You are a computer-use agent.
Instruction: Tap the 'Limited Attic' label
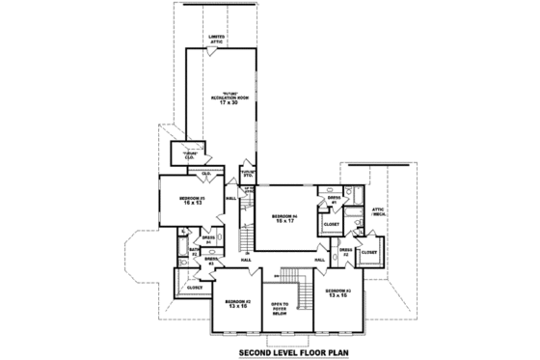218,40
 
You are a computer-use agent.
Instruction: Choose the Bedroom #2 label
238,302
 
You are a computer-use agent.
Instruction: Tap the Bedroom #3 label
338,291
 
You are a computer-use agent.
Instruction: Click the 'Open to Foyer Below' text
283,308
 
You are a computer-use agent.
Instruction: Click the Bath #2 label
195,253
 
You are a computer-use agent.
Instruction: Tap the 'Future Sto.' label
247,175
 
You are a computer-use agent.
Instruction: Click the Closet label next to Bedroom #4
331,224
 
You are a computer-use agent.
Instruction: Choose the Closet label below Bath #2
195,287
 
